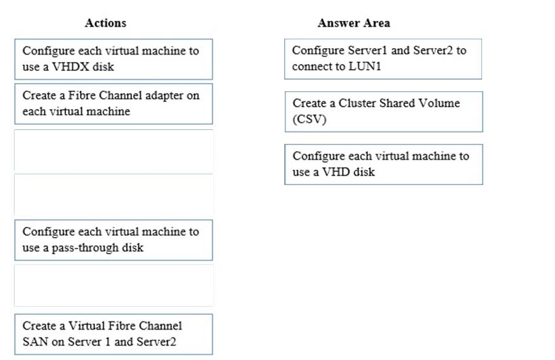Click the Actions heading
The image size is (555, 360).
click(x=105, y=23)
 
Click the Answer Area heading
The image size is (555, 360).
click(x=353, y=23)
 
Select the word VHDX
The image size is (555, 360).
click(x=70, y=67)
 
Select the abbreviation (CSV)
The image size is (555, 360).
click(x=310, y=119)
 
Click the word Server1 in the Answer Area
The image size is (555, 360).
click(x=367, y=50)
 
